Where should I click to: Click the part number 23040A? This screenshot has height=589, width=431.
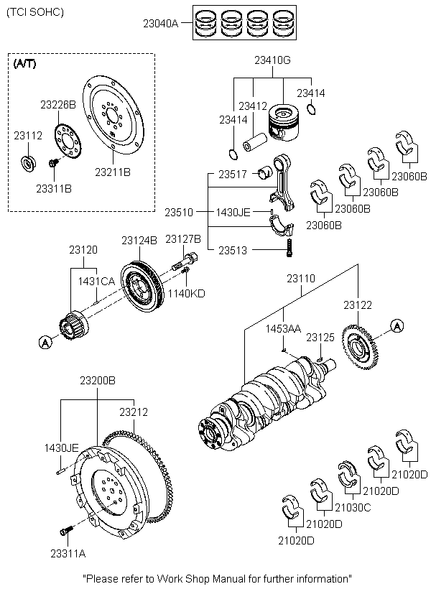click(160, 24)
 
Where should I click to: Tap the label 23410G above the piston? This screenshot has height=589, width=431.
click(272, 60)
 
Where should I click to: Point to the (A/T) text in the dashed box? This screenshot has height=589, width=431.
click(25, 63)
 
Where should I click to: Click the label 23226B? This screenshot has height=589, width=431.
click(57, 104)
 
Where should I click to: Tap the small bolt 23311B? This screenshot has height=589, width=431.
click(53, 164)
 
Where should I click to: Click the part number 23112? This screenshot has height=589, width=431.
click(28, 134)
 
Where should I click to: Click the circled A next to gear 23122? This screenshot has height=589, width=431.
click(395, 325)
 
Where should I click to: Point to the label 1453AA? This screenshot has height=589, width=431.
click(283, 328)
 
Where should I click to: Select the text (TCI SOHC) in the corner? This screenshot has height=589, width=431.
click(34, 12)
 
